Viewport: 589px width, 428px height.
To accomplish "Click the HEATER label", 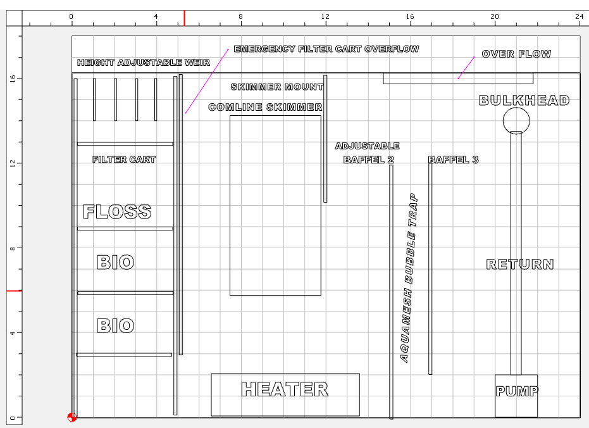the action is click(285, 389).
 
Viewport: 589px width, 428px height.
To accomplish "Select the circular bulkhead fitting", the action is click(516, 108).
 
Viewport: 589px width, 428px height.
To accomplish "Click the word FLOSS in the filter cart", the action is click(117, 211).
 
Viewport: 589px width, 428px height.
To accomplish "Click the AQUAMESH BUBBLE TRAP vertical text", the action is click(409, 278).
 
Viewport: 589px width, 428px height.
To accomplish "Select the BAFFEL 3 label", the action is click(454, 160).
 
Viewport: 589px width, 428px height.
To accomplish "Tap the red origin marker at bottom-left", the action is click(71, 417).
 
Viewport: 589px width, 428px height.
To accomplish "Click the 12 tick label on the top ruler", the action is click(325, 16).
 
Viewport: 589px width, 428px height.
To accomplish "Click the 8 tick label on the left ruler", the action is click(13, 248).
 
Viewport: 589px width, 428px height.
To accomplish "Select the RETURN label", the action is click(520, 264).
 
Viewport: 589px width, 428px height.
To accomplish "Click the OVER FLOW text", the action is click(516, 54).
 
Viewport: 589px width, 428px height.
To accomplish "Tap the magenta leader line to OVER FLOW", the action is click(466, 68).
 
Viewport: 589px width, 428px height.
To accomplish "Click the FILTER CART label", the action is click(124, 160).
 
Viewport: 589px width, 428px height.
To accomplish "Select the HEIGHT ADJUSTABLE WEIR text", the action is click(144, 63).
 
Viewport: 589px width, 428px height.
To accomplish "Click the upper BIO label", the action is click(115, 262).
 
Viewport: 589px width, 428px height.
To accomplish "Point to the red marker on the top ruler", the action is click(185, 18).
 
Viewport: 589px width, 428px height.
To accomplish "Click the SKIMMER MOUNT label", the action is click(277, 87).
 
